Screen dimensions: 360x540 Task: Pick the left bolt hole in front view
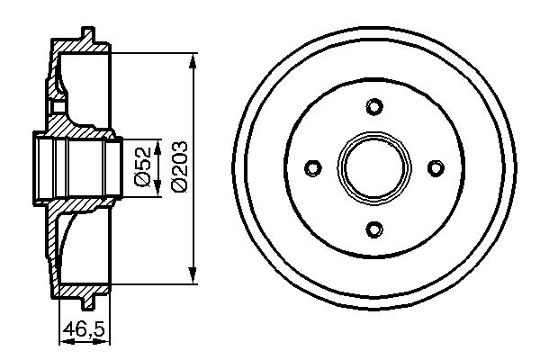(x=313, y=167)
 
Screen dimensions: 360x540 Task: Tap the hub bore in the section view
(x=76, y=167)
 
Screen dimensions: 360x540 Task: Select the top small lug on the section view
(x=87, y=35)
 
